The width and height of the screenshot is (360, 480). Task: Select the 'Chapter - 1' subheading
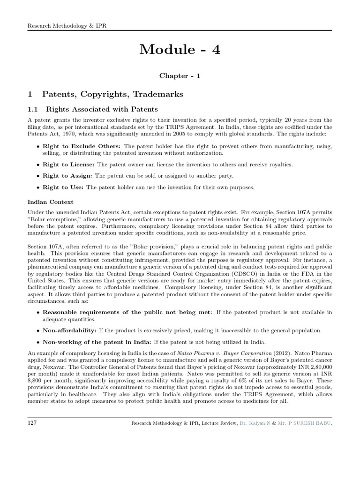pos(180,76)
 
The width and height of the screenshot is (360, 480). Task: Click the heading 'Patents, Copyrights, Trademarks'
pos(112,94)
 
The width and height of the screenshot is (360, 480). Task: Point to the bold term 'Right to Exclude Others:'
pos(82,146)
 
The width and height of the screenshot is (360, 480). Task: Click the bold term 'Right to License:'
pos(68,165)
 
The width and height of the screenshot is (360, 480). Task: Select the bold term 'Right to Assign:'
pos(67,176)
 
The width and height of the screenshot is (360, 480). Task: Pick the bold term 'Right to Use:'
pos(63,187)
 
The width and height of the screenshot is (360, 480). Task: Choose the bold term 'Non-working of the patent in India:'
pos(97,342)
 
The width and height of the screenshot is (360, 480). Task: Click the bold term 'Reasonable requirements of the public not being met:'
pos(127,312)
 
